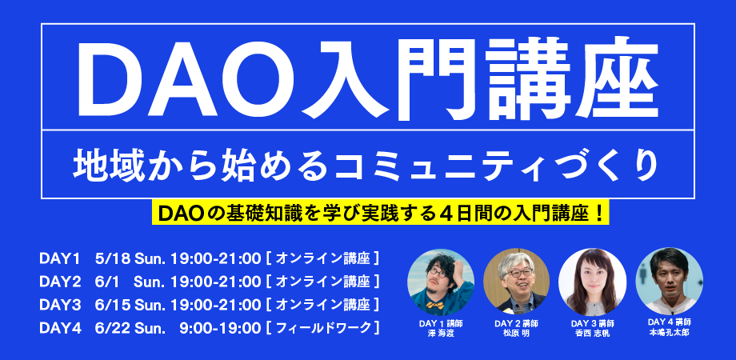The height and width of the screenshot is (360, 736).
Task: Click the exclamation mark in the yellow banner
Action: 598,213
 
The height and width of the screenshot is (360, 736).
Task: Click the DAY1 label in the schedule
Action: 60,258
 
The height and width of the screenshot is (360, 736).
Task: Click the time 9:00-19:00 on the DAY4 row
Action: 220,328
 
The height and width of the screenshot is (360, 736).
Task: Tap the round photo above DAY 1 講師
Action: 441,282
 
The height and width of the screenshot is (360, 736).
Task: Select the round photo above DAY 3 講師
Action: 592,282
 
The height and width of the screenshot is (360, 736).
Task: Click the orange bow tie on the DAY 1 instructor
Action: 435,305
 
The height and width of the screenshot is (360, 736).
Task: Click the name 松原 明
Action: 516,332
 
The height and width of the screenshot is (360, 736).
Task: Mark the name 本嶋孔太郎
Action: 670,331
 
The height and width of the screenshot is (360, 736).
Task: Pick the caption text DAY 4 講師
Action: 670,322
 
